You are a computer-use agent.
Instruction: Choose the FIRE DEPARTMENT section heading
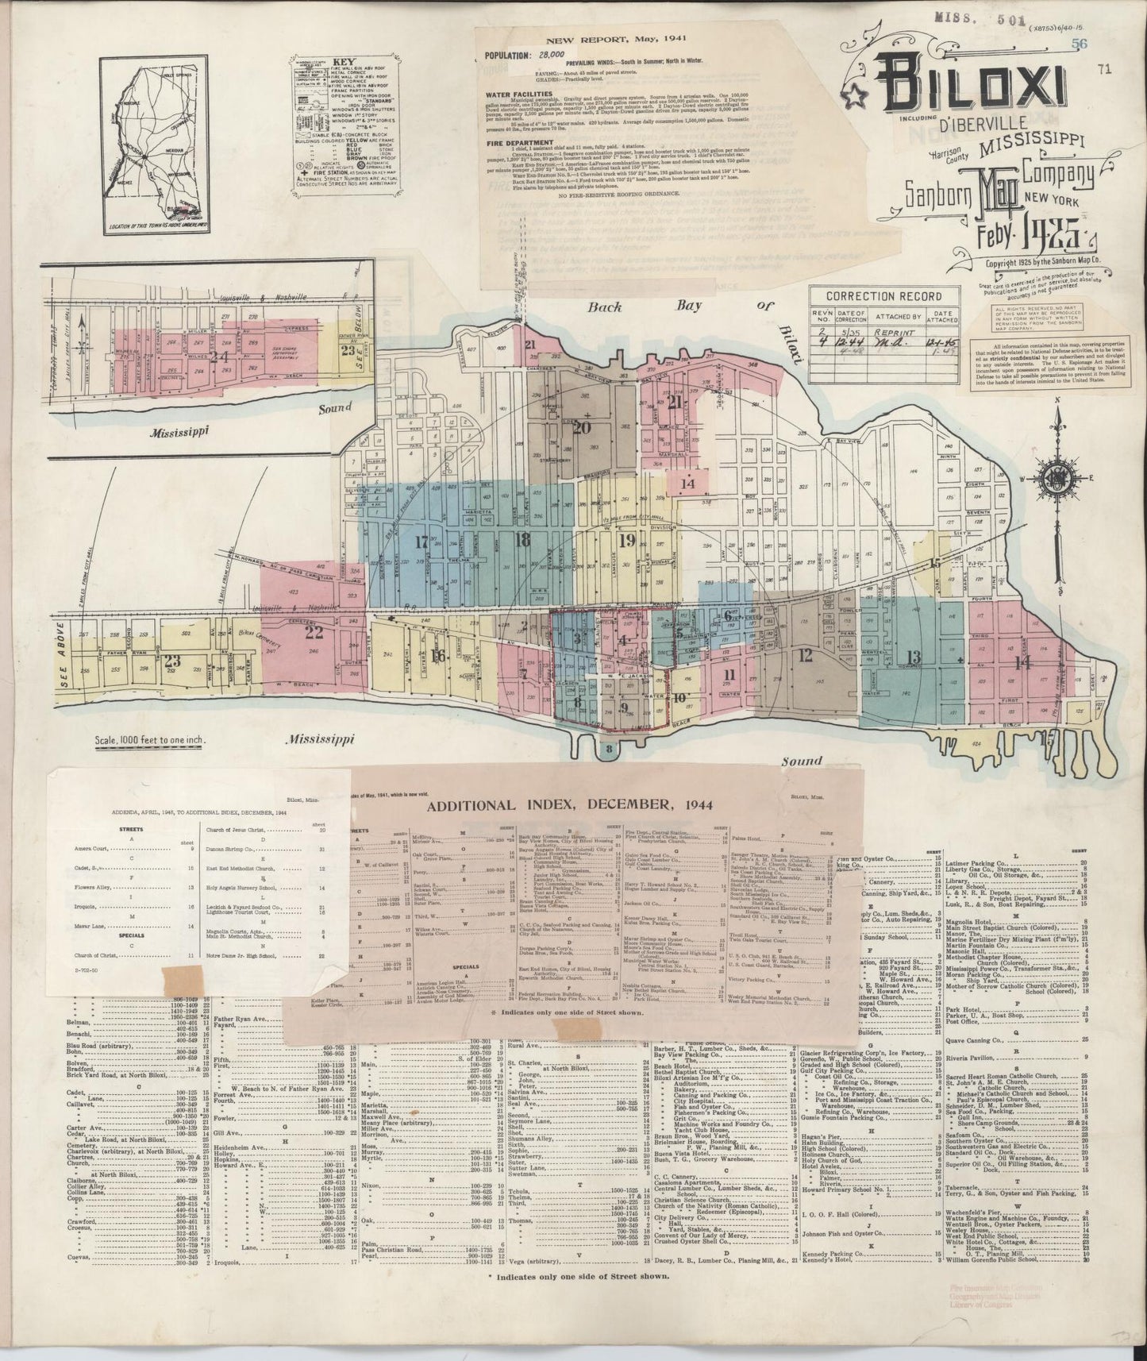tap(518, 145)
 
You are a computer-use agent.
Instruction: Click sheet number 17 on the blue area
tap(421, 542)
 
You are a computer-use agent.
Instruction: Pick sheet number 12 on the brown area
tap(806, 655)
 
